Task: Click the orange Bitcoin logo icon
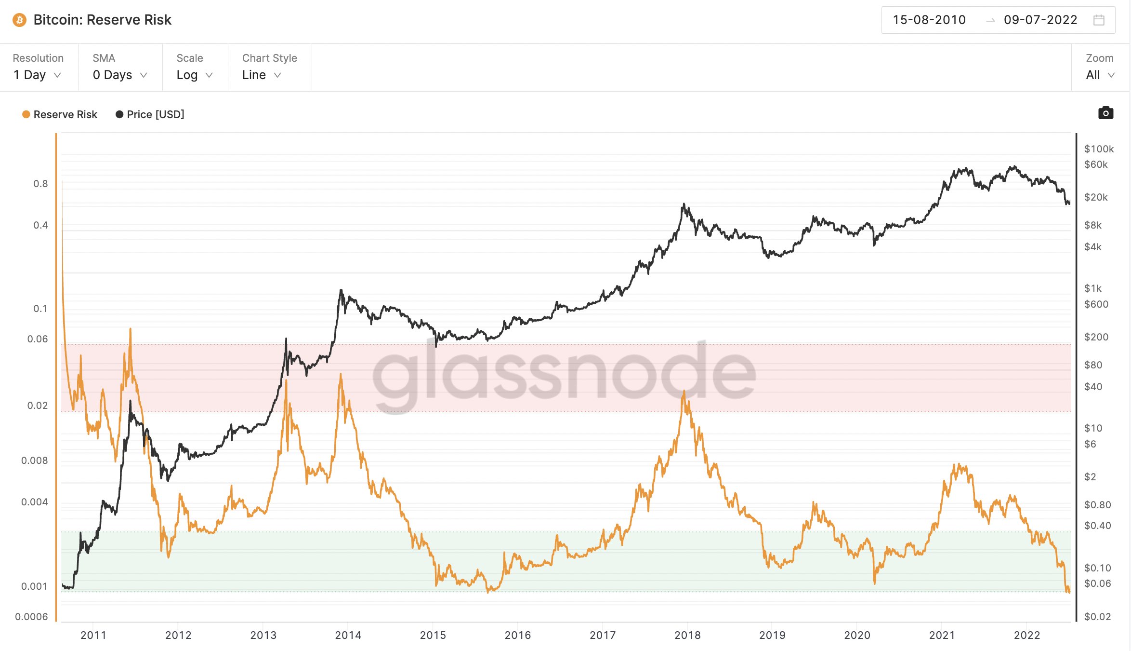pos(19,20)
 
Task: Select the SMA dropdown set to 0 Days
pos(119,75)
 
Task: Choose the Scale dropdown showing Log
pos(194,75)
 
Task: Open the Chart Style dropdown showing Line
pos(261,75)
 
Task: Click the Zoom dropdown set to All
pos(1100,75)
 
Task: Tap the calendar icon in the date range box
pos(1099,20)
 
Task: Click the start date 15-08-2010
pos(929,20)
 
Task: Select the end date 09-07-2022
pos(1040,20)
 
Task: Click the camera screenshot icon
pos(1105,113)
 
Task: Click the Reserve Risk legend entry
pos(60,114)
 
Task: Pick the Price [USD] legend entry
pos(150,114)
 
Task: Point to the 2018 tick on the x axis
pos(687,635)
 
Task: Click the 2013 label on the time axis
pos(263,635)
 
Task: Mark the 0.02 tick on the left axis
pos(38,406)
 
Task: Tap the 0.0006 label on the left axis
pos(32,617)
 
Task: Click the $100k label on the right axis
pos(1099,149)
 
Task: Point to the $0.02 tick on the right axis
pos(1097,617)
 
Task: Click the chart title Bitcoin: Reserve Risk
pos(102,20)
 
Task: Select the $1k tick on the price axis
pos(1092,288)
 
